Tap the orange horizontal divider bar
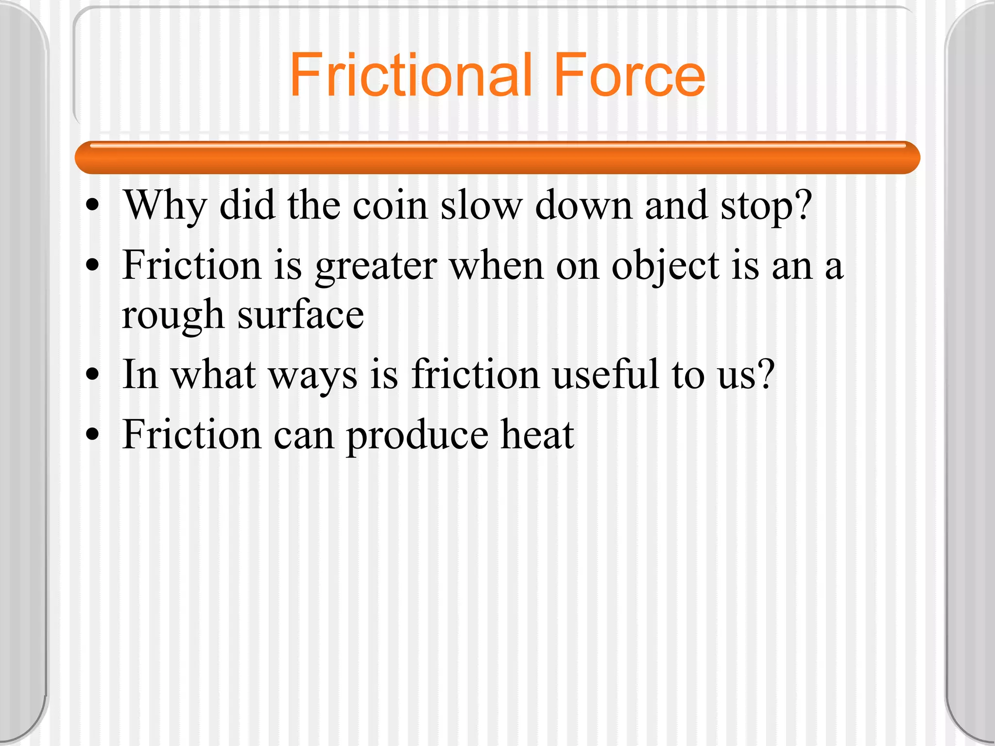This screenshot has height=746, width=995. pos(497,158)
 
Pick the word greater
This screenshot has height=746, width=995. pos(376,266)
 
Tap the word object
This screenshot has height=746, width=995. pos(665,266)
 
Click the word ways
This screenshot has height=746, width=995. pos(313,375)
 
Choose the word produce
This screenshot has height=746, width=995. pos(417,435)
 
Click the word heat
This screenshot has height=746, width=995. pos(537,435)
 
